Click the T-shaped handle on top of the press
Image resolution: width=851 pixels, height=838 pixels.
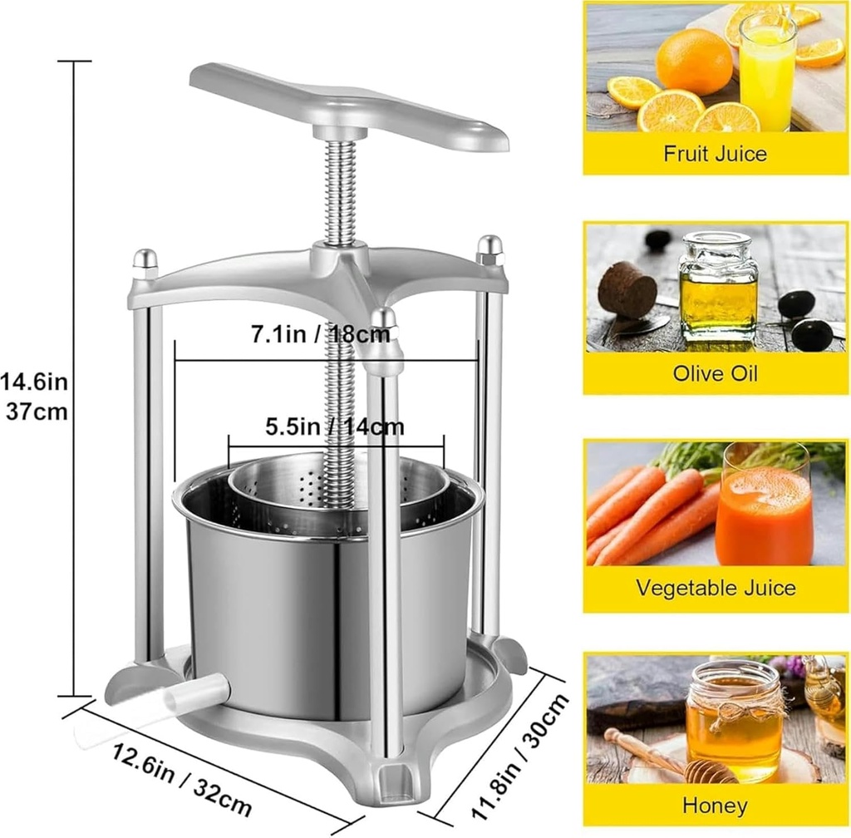(x=349, y=108)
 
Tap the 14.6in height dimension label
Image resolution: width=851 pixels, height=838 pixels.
(x=34, y=383)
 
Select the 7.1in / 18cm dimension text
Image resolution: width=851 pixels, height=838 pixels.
(x=321, y=336)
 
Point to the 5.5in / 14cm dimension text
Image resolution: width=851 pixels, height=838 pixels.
(x=335, y=426)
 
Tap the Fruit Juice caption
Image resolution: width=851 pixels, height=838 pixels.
(x=715, y=153)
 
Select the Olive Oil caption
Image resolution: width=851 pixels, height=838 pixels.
(x=715, y=372)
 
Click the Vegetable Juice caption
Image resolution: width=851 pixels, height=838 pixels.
(x=715, y=589)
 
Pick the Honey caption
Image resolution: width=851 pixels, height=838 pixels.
(x=715, y=805)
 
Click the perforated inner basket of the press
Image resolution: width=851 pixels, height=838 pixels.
(x=341, y=490)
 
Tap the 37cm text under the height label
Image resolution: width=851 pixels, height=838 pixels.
(x=37, y=412)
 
